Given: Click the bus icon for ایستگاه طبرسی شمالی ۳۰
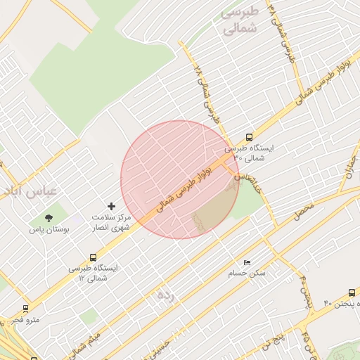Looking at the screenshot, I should tap(249, 138).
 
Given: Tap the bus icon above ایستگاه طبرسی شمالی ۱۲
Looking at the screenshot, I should tap(94, 258).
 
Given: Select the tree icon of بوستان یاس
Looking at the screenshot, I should tap(48, 219).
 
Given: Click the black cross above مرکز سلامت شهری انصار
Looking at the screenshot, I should tap(110, 207).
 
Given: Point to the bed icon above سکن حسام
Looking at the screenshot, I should tap(246, 262).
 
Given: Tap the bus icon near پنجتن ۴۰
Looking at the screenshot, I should tap(352, 292).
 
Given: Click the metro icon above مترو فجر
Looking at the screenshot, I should tap(26, 309).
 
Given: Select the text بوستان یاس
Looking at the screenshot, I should tap(46, 230).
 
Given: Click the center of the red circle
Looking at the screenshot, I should tap(180, 180).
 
